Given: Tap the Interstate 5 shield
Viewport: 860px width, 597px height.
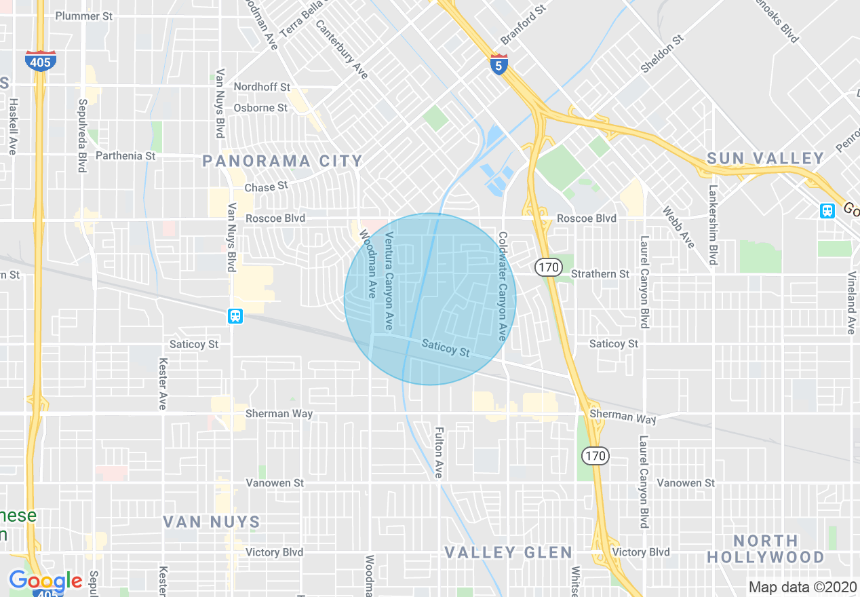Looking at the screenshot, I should pos(499,64).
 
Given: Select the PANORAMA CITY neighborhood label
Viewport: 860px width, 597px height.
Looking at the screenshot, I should pos(283,161).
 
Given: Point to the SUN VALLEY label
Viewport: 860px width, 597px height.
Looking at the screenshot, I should pos(765,159).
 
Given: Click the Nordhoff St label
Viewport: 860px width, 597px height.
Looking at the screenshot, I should pos(262,87).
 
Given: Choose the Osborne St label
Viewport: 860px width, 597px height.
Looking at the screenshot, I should pos(260,108).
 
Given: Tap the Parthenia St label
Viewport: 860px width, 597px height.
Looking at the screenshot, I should pos(125,155).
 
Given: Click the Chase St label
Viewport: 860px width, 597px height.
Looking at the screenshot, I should pos(266,186).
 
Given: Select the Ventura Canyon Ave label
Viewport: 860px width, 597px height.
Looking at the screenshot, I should pos(389,281).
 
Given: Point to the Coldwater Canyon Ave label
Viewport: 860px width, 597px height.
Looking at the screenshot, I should pos(503,286).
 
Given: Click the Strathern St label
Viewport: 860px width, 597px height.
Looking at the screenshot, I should pos(600,274).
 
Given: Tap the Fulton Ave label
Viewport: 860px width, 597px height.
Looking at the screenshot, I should pos(439,452).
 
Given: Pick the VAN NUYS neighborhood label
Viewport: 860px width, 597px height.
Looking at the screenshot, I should pos(212,522).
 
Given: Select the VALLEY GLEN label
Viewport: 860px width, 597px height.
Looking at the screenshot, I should pos(509,552).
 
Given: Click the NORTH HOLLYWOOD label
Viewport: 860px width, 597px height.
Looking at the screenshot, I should pos(766,549).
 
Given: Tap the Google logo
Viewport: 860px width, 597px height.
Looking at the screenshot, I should pos(45,581).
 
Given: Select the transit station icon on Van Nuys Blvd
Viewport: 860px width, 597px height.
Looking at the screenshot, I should pos(235,316).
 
